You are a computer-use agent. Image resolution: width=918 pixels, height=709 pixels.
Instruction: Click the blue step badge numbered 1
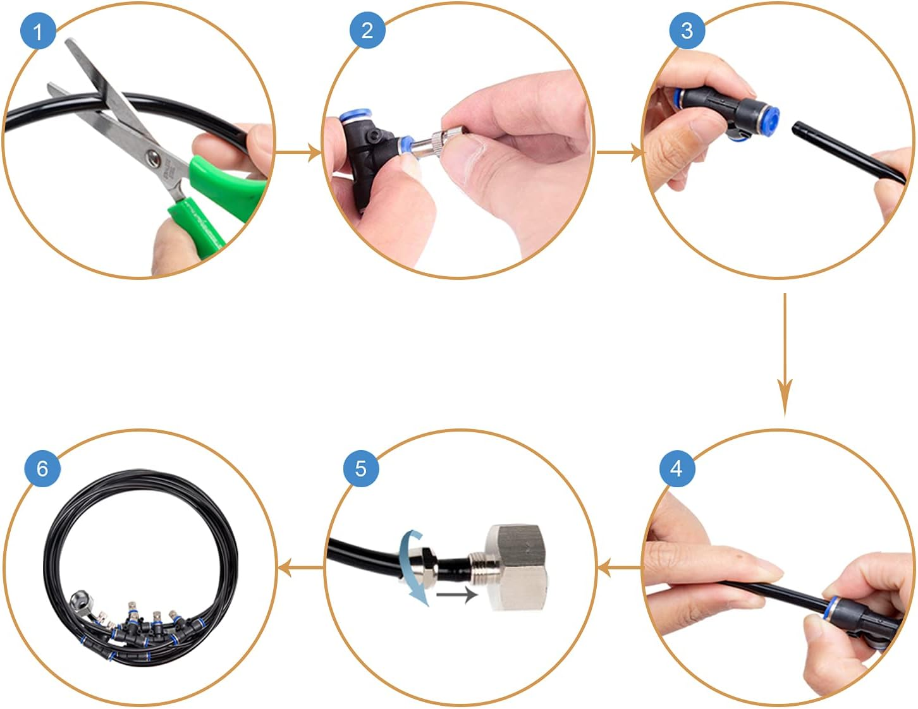coord(38,31)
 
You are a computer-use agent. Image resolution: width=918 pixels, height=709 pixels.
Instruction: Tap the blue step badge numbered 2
coord(367,30)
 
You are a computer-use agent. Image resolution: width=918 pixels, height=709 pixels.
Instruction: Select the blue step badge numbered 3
coord(687,30)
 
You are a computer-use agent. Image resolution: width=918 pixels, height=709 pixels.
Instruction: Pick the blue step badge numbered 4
coord(676,469)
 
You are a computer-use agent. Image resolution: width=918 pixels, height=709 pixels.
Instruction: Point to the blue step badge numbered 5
coord(360,468)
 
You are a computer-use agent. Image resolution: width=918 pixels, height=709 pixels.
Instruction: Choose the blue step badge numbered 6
coord(42,468)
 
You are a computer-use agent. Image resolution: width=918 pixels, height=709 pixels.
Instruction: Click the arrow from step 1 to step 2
coord(298,152)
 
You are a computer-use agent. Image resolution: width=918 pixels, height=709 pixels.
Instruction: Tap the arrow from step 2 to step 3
coord(620,152)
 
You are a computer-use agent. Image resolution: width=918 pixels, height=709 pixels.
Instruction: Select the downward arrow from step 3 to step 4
coord(785,354)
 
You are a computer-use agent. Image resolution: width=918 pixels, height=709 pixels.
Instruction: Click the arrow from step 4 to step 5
coord(620,568)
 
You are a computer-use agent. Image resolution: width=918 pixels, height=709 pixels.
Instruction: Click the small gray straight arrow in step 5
coord(456,595)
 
